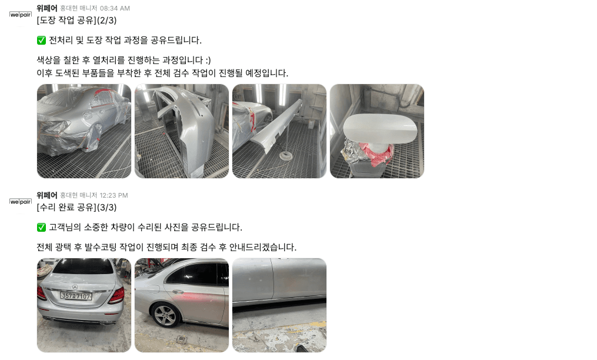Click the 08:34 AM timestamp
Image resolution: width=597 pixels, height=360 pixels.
(x=115, y=8)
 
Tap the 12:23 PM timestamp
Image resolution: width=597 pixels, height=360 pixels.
(x=114, y=195)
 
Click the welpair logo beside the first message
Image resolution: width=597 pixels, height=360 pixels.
(x=21, y=15)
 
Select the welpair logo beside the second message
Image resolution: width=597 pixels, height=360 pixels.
(x=21, y=202)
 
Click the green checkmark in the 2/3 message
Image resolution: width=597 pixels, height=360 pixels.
(x=41, y=40)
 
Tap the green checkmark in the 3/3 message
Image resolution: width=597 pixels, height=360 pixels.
(x=41, y=227)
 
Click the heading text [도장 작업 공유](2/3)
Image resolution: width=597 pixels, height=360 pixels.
(x=76, y=20)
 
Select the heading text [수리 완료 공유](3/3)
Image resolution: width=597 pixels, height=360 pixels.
(x=76, y=207)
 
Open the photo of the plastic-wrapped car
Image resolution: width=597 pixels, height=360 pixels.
(x=84, y=131)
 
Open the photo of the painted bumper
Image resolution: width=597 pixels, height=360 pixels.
(x=182, y=131)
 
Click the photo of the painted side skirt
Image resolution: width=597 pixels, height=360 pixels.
(x=279, y=131)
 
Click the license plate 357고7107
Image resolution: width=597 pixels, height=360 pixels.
(x=76, y=296)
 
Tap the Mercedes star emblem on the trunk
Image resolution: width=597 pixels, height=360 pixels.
(x=75, y=287)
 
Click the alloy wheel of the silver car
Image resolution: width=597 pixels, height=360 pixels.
(x=165, y=315)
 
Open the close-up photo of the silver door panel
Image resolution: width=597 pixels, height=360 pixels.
(x=279, y=305)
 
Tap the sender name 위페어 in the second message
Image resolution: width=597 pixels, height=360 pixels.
(x=47, y=195)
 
